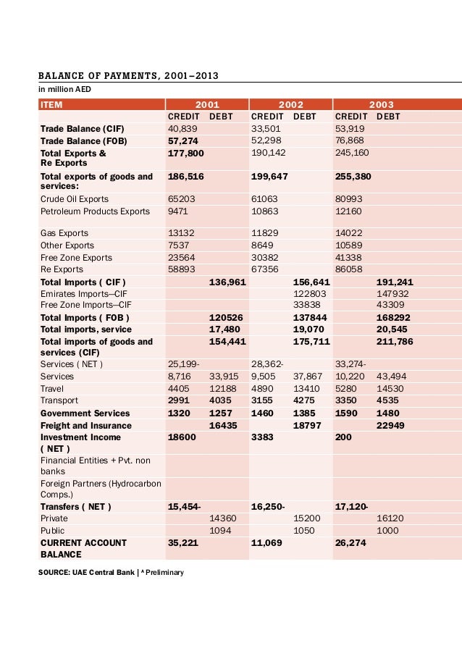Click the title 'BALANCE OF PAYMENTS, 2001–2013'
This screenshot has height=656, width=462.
(128, 75)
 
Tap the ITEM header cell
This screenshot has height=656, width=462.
(51, 104)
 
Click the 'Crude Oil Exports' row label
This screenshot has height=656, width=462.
(75, 199)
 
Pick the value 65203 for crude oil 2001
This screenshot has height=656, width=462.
(180, 199)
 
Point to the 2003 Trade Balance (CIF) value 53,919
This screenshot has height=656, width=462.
(350, 128)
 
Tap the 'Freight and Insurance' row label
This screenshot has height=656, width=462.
(86, 426)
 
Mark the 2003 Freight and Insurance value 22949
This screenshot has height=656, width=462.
(392, 426)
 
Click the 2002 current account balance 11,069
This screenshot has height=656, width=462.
(266, 542)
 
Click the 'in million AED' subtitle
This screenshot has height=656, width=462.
(65, 89)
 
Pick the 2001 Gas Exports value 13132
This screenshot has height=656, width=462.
(180, 233)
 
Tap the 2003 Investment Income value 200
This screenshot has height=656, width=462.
(343, 437)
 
